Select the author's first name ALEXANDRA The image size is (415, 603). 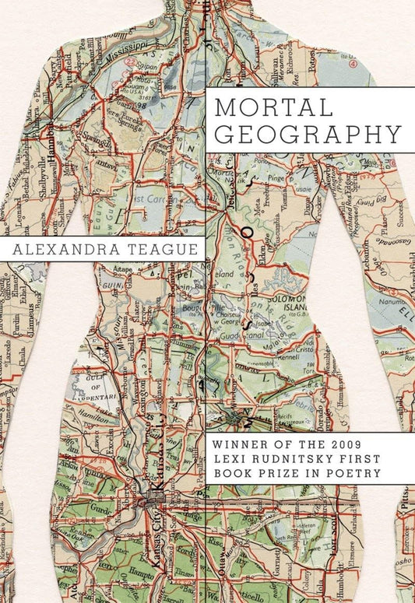coord(67,249)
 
